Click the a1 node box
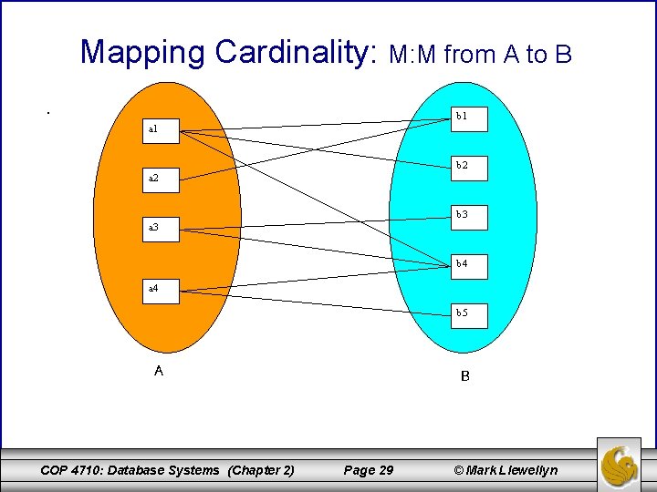pos(162,129)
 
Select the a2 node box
pos(162,179)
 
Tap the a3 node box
pos(162,227)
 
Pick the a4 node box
pos(162,289)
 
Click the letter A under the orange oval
pos(159,371)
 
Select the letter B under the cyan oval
pos(465,375)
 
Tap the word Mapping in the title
pos(143,52)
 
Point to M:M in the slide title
pos(415,56)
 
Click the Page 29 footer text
pos(369,470)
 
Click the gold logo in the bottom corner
pos(620,465)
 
